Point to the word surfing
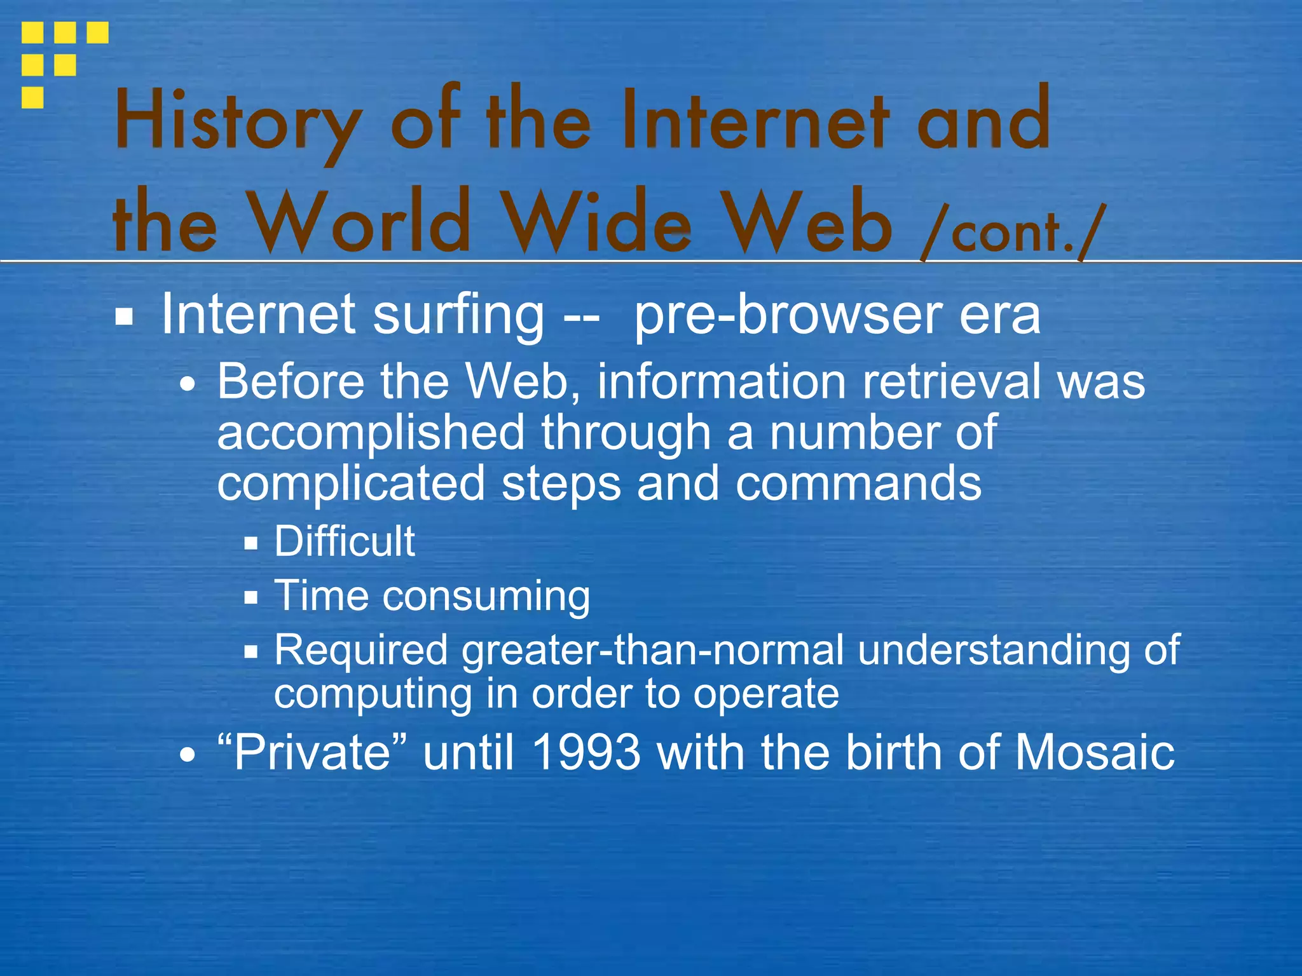click(x=458, y=315)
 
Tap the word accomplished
click(x=371, y=433)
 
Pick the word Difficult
click(x=345, y=541)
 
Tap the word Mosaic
click(x=1094, y=752)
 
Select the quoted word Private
click(x=312, y=752)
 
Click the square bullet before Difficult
click(x=251, y=543)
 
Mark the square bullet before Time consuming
click(x=251, y=597)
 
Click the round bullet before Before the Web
click(x=188, y=385)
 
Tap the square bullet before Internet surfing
click(x=124, y=316)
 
